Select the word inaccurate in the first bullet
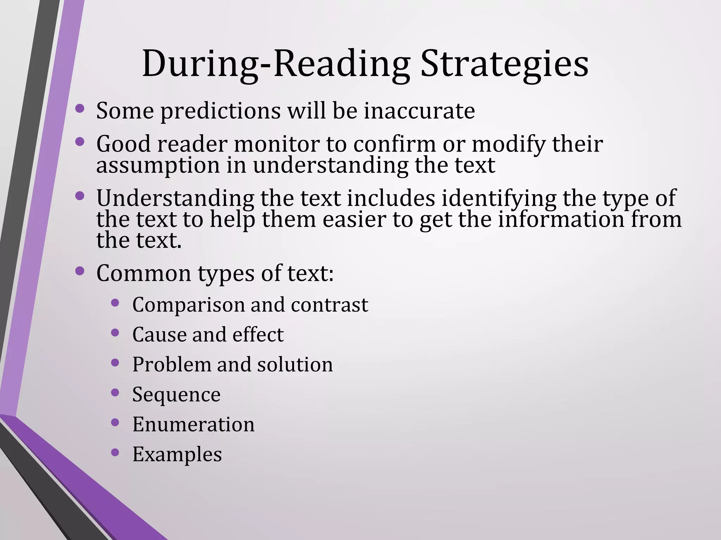click(x=419, y=111)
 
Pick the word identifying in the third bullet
click(x=499, y=198)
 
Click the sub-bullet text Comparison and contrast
click(x=250, y=304)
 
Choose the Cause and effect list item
click(x=208, y=334)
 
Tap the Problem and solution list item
click(x=232, y=364)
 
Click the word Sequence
click(x=176, y=394)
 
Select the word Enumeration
click(x=193, y=424)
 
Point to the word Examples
click(x=177, y=454)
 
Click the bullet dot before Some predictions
click(x=80, y=109)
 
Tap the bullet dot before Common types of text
click(x=80, y=271)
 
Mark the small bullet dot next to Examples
click(x=115, y=452)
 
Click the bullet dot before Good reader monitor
click(x=80, y=142)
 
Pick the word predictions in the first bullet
click(x=220, y=111)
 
